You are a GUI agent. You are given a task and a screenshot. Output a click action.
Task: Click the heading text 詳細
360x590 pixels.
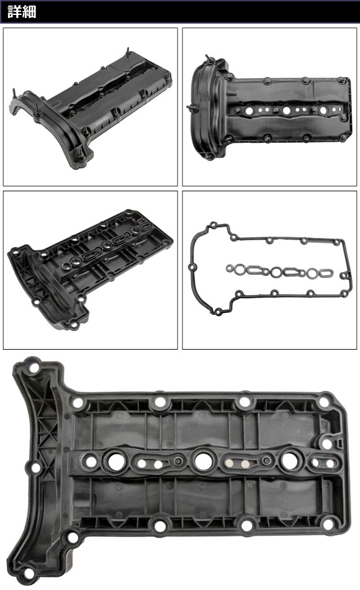coord(22,12)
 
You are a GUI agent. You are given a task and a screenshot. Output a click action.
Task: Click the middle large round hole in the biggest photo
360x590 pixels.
coord(203,460)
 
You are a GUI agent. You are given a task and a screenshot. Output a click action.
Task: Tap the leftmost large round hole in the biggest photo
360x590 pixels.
coord(116,461)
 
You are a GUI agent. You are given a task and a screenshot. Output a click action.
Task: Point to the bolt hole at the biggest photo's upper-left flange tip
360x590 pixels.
coord(34,368)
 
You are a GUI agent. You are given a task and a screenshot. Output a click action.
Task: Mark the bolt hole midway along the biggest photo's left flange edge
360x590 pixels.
coord(36,468)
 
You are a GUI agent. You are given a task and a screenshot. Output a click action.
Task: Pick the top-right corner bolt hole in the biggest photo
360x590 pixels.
coord(323,401)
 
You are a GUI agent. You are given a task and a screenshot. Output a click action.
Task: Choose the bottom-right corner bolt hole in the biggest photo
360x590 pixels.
coord(328,524)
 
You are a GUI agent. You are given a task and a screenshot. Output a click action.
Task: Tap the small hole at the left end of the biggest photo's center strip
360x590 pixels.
coord(91,461)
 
